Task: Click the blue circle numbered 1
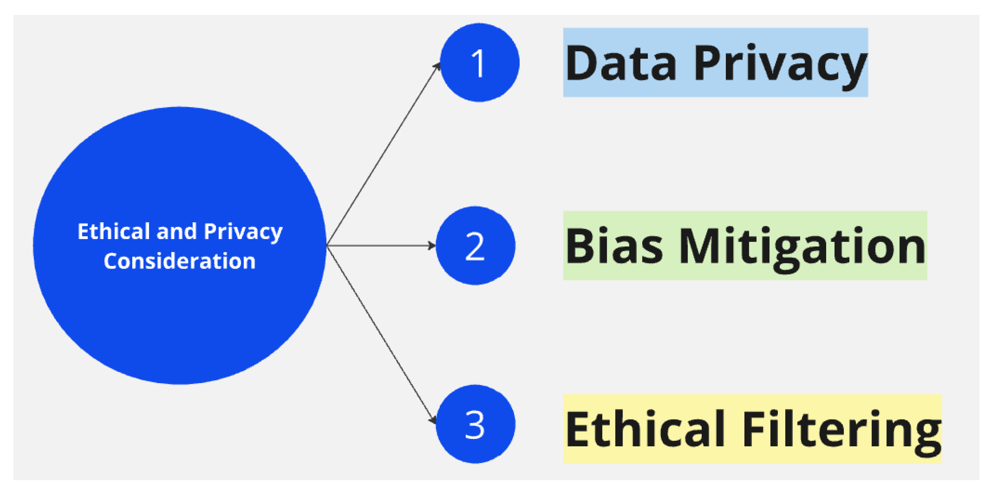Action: pyautogui.click(x=479, y=62)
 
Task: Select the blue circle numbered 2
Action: pyautogui.click(x=475, y=246)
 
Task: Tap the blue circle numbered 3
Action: pyautogui.click(x=475, y=424)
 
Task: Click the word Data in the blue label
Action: pyautogui.click(x=621, y=63)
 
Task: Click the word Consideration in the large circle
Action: pyautogui.click(x=180, y=261)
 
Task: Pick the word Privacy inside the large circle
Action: pyautogui.click(x=243, y=232)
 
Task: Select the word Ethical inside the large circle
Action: pyautogui.click(x=113, y=232)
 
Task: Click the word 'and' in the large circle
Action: pyautogui.click(x=176, y=232)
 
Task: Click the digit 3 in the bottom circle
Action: pyautogui.click(x=475, y=425)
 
